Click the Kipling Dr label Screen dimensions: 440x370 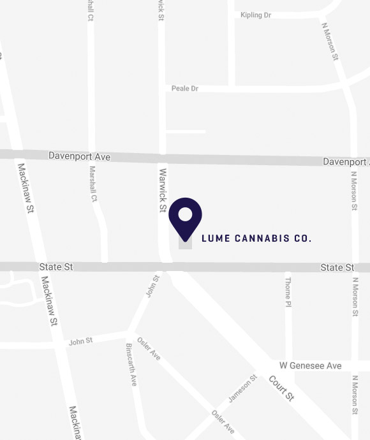point(256,15)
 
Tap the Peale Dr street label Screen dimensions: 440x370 point(185,88)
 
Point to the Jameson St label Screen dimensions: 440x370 point(242,388)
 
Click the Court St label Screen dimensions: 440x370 point(281,388)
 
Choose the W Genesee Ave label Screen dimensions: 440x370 point(311,366)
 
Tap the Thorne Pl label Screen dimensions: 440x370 point(288,290)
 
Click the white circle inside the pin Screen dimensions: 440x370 point(185,214)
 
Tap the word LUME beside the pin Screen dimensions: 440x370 point(212,238)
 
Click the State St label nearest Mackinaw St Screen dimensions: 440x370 point(56,267)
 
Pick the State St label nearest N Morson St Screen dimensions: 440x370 point(337,267)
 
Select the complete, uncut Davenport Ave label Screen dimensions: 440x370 point(80,157)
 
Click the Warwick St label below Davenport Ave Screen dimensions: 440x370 point(163,190)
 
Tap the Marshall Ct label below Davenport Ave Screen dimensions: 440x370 point(93,184)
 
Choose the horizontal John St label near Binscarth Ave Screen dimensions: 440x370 point(81,342)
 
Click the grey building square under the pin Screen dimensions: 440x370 point(185,244)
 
